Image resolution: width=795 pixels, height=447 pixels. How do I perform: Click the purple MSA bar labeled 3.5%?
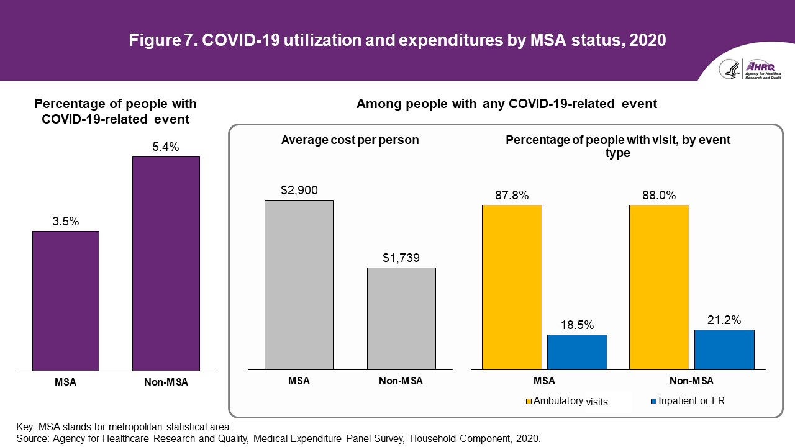(66, 301)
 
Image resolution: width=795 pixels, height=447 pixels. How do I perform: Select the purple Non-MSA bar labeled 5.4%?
(166, 264)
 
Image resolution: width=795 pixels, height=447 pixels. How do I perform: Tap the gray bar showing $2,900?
(299, 285)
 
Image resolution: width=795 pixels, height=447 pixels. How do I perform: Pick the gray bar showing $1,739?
(401, 319)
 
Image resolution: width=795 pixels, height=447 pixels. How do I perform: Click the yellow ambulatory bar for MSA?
(512, 287)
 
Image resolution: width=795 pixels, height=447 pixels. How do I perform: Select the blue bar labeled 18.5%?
(577, 353)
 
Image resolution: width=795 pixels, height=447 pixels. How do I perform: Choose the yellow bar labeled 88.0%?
(659, 287)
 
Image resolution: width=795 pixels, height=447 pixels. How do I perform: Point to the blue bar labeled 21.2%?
(724, 350)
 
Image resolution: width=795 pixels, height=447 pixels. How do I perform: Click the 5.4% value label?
(166, 147)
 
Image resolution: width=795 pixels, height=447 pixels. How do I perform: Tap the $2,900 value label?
(299, 190)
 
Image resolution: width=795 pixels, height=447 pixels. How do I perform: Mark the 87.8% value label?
(512, 196)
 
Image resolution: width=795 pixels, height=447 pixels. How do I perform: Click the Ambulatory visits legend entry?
(566, 402)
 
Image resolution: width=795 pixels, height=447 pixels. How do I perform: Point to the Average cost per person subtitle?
(350, 140)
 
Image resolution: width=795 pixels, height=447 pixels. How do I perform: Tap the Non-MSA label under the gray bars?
(401, 381)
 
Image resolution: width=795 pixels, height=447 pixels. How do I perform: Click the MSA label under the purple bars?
(65, 382)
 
